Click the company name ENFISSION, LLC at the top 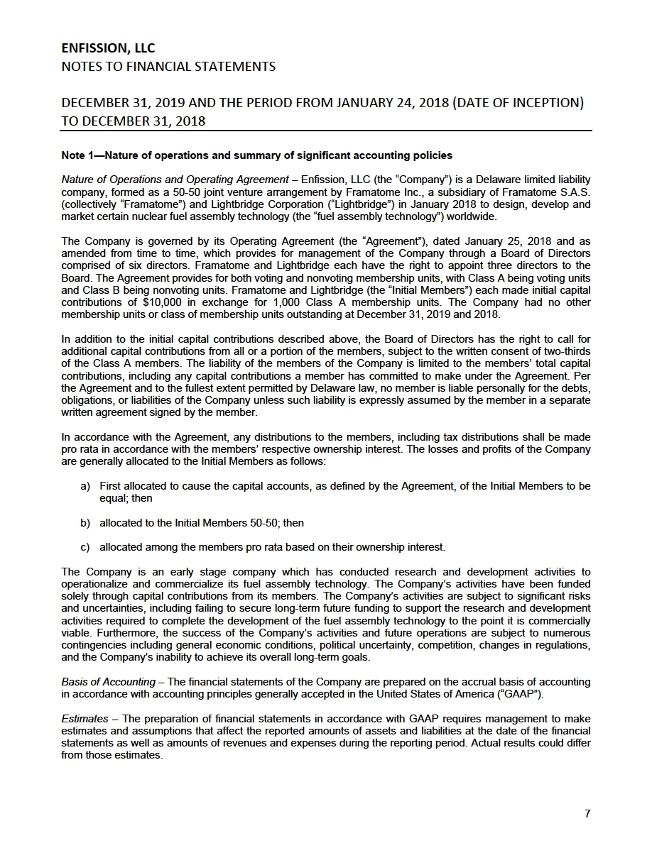(x=108, y=48)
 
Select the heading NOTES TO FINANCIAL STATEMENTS (x=168, y=67)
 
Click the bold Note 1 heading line (x=257, y=155)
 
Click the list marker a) (x=85, y=486)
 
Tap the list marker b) (x=85, y=523)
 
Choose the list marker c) (x=85, y=547)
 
